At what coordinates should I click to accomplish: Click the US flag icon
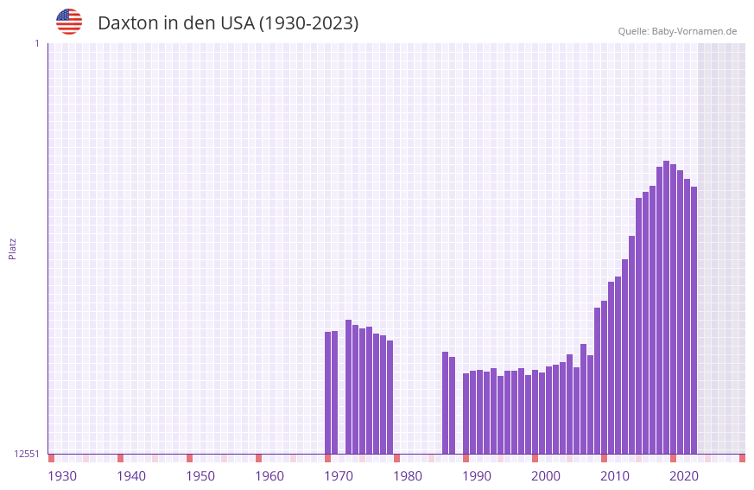click(x=69, y=22)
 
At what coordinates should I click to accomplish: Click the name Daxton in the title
click(x=130, y=23)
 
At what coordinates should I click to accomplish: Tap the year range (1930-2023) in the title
click(x=308, y=23)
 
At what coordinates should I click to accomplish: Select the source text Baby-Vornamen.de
click(x=694, y=31)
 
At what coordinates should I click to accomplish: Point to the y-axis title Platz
click(x=12, y=248)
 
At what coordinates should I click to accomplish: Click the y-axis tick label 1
click(x=36, y=43)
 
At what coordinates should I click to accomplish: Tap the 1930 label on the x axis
click(x=62, y=476)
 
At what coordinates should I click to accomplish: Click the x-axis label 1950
click(x=200, y=476)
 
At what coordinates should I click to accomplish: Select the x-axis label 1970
click(x=339, y=476)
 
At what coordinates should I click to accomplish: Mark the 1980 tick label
click(x=408, y=476)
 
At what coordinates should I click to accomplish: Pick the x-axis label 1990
click(x=477, y=476)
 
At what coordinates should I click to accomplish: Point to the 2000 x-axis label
click(x=546, y=476)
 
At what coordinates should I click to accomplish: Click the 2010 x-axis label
click(x=615, y=476)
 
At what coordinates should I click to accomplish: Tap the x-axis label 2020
click(x=684, y=476)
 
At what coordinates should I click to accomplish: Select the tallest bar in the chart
click(x=666, y=307)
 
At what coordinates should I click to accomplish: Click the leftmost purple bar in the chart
click(x=327, y=392)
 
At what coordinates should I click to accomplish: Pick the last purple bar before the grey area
click(x=694, y=320)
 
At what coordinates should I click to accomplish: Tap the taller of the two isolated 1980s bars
click(x=445, y=402)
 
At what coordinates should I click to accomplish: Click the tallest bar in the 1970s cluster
click(x=348, y=386)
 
